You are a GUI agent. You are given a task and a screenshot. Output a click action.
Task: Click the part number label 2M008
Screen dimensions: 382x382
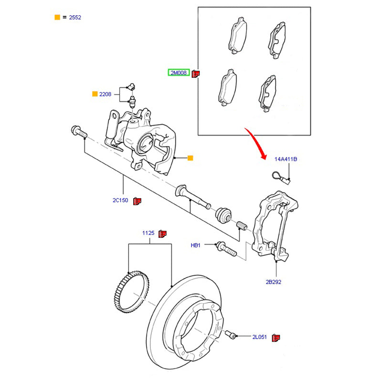click(x=179, y=73)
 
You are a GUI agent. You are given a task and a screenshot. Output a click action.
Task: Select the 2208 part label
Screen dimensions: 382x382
click(x=105, y=94)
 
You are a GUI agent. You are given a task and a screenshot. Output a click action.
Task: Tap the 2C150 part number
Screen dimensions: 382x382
click(x=120, y=201)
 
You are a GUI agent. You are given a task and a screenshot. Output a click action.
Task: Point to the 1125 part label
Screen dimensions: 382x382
click(x=148, y=233)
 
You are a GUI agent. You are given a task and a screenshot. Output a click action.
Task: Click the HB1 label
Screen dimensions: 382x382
click(x=196, y=245)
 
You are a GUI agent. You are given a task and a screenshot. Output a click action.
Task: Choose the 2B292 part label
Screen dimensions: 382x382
click(x=274, y=282)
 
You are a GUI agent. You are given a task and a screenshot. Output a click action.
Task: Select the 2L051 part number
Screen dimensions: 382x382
click(x=260, y=337)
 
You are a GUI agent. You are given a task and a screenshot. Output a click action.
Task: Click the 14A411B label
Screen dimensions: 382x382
click(x=286, y=159)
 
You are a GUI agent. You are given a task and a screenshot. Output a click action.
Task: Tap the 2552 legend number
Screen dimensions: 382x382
click(x=75, y=17)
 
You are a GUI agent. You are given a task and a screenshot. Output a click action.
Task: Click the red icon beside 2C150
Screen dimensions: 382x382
click(x=138, y=201)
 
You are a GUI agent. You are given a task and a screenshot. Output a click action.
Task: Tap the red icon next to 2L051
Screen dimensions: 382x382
click(x=276, y=338)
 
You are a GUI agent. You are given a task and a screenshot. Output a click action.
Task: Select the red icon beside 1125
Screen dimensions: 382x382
click(x=162, y=233)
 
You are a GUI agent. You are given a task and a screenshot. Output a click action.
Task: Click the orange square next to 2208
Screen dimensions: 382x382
click(x=95, y=94)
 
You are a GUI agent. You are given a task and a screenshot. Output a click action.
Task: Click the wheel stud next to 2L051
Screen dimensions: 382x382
click(x=233, y=335)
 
